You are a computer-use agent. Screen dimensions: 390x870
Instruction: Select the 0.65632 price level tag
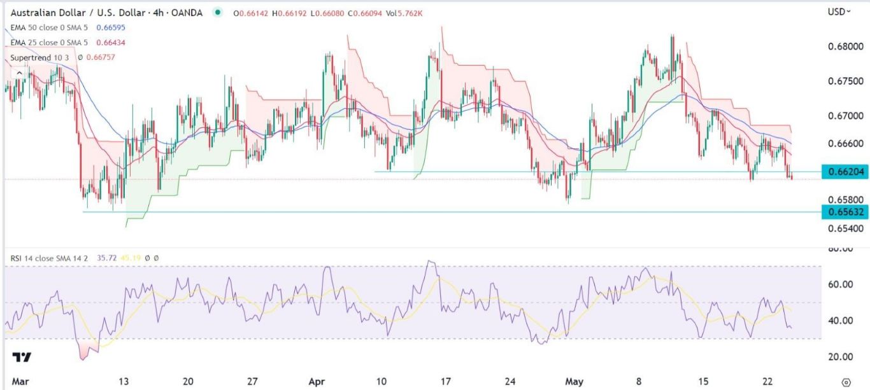point(845,212)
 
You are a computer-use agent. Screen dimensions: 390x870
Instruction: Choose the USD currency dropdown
point(839,11)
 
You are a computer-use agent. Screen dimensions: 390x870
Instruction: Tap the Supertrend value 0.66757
point(101,57)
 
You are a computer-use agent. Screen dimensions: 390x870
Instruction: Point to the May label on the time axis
point(575,381)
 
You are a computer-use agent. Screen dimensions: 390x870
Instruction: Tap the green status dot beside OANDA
point(218,13)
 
